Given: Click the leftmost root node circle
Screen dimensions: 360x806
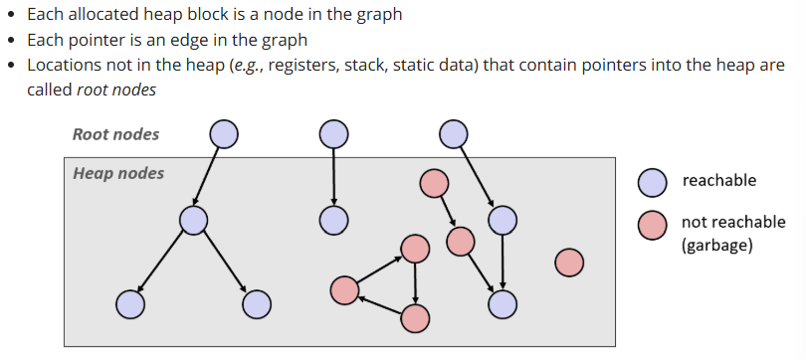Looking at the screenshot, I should point(224,133).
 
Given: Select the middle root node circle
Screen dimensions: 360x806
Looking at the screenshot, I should point(333,133).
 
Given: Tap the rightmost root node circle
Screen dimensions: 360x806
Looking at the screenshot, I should point(453,133).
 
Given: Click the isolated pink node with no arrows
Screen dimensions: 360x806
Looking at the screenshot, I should point(568,263).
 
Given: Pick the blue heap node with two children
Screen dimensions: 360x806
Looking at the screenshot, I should point(194,220).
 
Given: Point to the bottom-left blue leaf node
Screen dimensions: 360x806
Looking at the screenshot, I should point(130,303).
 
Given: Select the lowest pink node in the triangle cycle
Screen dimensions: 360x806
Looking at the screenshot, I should point(415,318).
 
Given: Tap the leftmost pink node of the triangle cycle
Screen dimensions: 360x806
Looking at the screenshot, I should point(344,289).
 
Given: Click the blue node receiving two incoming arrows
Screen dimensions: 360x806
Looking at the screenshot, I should point(503,303).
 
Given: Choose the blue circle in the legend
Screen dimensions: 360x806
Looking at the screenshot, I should point(652,181).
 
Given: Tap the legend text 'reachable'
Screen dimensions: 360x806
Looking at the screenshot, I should point(718,180).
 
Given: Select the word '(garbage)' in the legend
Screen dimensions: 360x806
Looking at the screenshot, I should point(716,245).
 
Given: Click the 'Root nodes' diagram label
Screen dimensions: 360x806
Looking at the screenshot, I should point(115,134).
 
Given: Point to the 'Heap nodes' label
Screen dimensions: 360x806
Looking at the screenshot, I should point(118,173).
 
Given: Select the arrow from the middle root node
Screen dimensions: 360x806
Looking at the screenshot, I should point(333,176).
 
